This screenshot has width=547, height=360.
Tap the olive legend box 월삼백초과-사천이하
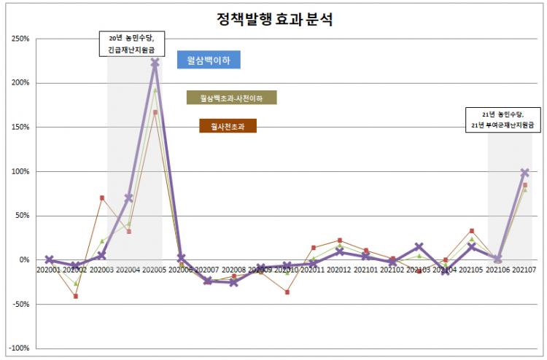tap(232, 98)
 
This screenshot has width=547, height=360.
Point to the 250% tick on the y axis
tap(20, 38)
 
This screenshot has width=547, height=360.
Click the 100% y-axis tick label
tap(20, 171)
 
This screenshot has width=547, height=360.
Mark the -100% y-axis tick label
tap(18, 348)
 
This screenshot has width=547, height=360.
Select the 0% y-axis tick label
tap(23, 260)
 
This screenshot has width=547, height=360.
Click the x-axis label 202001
tap(50, 270)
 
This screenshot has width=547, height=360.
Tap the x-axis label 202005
tap(155, 270)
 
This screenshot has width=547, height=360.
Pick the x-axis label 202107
tap(525, 270)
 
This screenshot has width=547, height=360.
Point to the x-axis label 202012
tap(339, 270)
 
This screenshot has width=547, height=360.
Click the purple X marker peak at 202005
tap(155, 63)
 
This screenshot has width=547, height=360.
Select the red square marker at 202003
tap(102, 197)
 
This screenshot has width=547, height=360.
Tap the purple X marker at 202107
tap(525, 173)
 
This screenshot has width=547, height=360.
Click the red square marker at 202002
tap(76, 296)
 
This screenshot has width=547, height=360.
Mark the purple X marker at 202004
tap(129, 197)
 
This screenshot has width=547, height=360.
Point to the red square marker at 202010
tap(287, 292)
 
